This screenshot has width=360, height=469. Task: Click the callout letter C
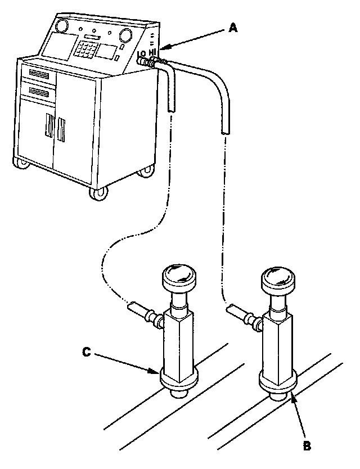point(87,352)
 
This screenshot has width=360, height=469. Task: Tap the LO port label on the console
point(141,55)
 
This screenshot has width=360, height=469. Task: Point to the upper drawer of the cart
point(38,73)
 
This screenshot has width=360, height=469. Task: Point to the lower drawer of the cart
point(38,91)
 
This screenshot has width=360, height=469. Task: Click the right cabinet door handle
point(61,130)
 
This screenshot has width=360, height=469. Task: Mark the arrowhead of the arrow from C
point(157,372)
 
